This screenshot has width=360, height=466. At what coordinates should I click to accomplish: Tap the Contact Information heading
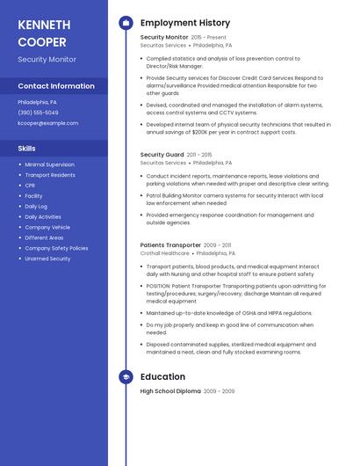click(x=56, y=86)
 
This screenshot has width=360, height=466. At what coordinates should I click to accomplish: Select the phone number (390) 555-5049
click(x=38, y=113)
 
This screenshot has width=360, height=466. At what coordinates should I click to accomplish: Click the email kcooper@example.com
click(x=47, y=123)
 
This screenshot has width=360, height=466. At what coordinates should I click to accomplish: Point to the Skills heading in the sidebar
click(x=27, y=149)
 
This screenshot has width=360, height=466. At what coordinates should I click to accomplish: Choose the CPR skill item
click(x=31, y=186)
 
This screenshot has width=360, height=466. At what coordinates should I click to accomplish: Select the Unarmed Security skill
click(x=47, y=258)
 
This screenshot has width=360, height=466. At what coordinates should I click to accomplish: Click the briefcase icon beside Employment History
click(x=126, y=23)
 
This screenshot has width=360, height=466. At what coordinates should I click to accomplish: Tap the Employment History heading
click(x=185, y=23)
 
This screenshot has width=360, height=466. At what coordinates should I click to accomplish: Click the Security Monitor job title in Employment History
click(x=164, y=38)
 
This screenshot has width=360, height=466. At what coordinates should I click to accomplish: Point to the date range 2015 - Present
click(x=209, y=38)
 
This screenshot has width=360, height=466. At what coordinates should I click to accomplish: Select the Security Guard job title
click(x=162, y=155)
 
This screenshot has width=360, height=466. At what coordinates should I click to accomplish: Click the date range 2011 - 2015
click(x=199, y=155)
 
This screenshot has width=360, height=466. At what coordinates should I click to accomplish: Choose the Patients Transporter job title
click(x=170, y=245)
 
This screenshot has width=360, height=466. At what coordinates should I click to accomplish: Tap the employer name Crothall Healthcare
click(x=163, y=253)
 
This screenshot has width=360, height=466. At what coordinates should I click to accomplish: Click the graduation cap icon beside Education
click(x=126, y=377)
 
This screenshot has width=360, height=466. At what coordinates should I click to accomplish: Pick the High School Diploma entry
click(x=170, y=391)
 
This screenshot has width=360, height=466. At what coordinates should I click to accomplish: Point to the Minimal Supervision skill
click(x=49, y=164)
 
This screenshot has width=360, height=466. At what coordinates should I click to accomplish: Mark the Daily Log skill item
click(x=36, y=207)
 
